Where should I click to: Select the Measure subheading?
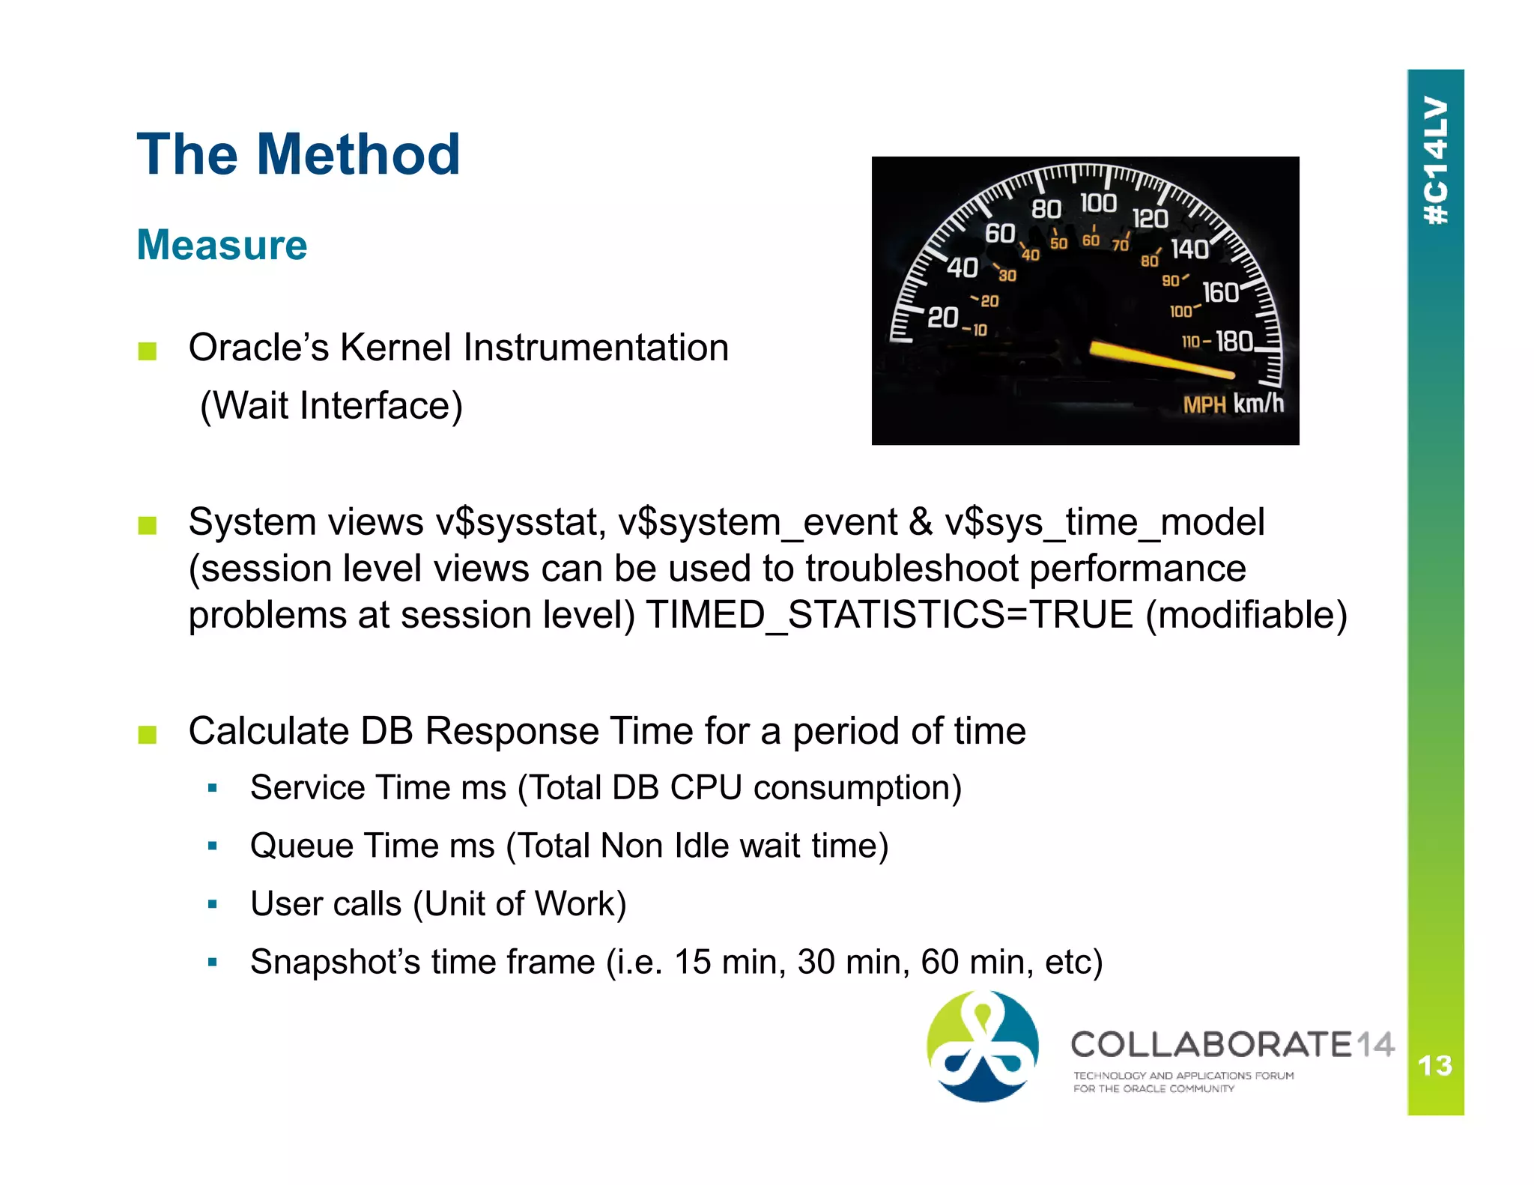coord(222,245)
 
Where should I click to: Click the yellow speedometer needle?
coord(1160,360)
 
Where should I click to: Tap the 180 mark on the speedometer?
coord(1234,342)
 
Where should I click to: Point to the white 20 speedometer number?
coord(942,317)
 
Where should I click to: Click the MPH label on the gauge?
coord(1203,405)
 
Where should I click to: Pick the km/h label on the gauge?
coord(1258,404)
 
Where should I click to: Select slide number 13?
coord(1434,1065)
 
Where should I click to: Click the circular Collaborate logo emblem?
coord(982,1046)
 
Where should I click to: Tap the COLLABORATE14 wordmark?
coord(1231,1044)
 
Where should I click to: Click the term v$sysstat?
coord(521,522)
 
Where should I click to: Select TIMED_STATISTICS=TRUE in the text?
coord(889,615)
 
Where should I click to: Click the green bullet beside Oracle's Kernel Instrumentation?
coord(148,351)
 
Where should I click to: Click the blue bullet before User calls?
coord(213,904)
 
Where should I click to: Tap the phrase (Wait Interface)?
coord(331,406)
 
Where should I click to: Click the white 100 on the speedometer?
coord(1098,203)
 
